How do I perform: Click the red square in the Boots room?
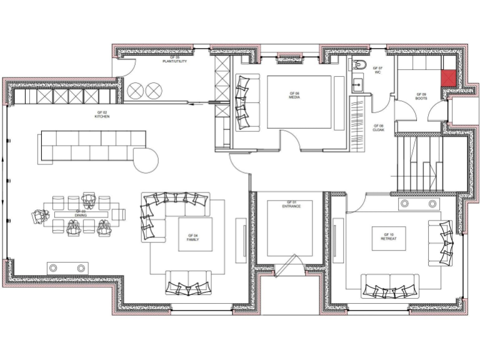[449, 78]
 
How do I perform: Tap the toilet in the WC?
[359, 66]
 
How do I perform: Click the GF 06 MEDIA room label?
[294, 95]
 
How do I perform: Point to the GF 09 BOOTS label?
[421, 96]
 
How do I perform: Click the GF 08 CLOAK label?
[378, 127]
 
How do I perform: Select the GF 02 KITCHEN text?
[102, 114]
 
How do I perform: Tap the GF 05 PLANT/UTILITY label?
[175, 60]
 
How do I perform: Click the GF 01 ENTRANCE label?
[291, 204]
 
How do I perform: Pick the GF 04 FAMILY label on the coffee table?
[192, 237]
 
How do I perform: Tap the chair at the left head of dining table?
[40, 216]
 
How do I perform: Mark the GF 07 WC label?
[377, 69]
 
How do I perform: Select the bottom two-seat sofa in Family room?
[187, 282]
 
